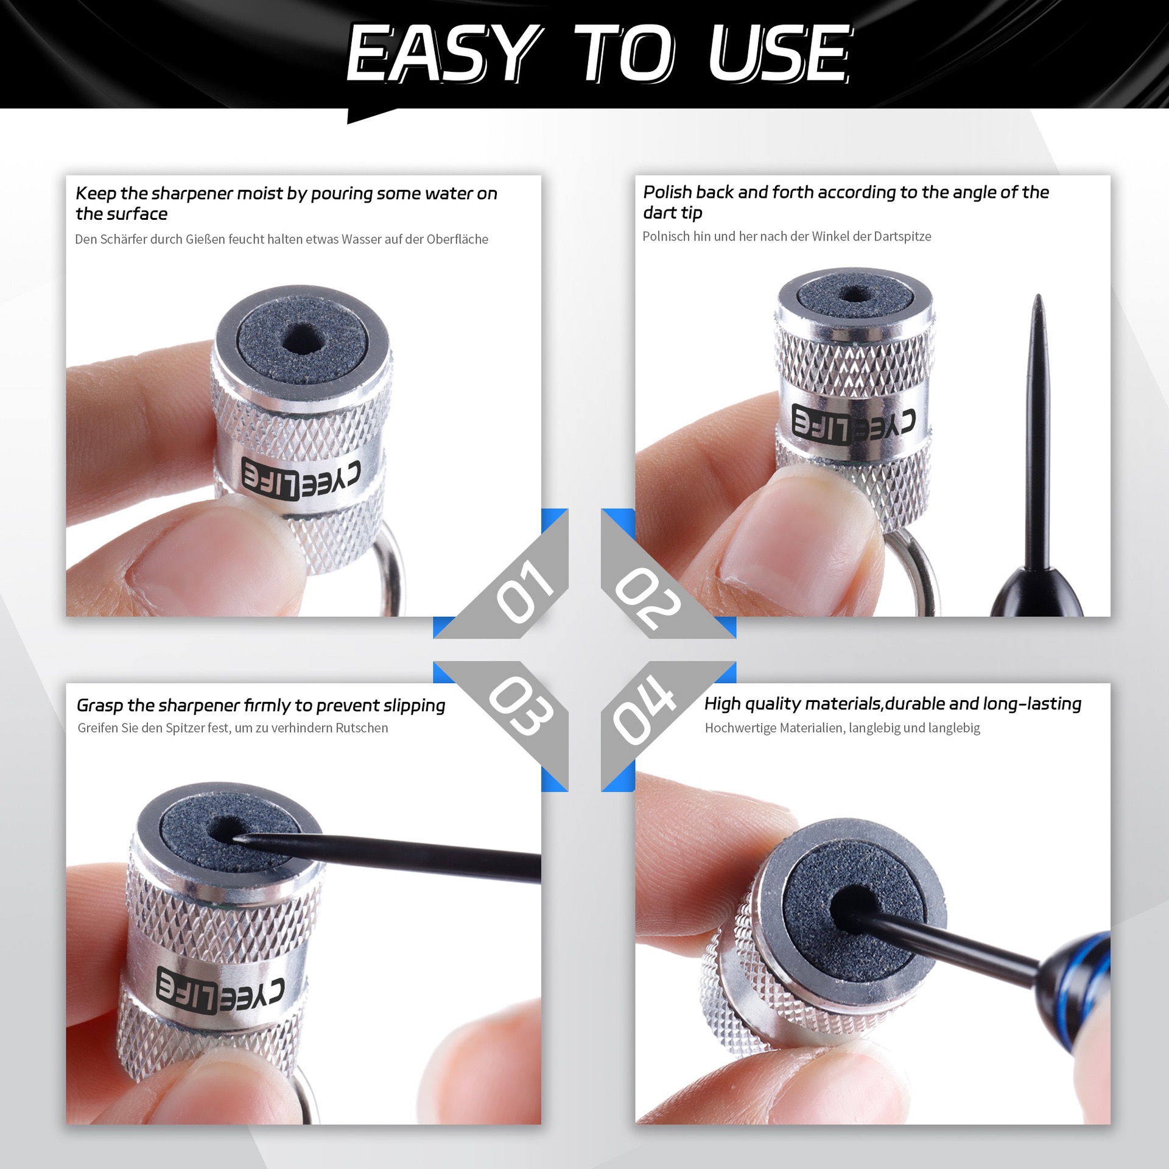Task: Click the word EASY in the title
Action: pyautogui.click(x=445, y=54)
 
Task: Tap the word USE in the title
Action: pyautogui.click(x=780, y=54)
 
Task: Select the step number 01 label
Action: pyautogui.click(x=525, y=591)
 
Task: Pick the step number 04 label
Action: pyautogui.click(x=644, y=710)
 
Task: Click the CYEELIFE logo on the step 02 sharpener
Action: pyautogui.click(x=853, y=421)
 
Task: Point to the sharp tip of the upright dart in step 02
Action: pyautogui.click(x=1038, y=297)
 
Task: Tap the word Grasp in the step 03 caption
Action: pyautogui.click(x=100, y=706)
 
